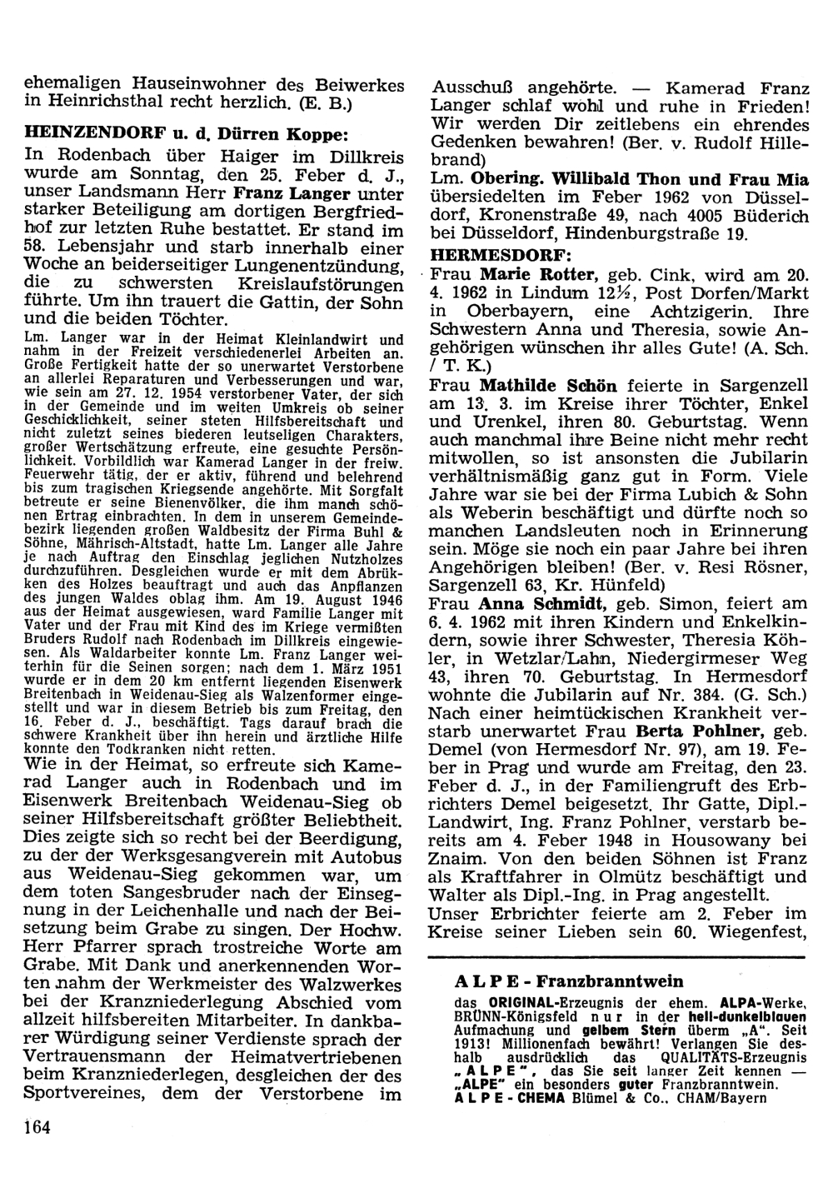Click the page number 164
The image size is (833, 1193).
(37, 1127)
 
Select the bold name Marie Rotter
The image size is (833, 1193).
(539, 275)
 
